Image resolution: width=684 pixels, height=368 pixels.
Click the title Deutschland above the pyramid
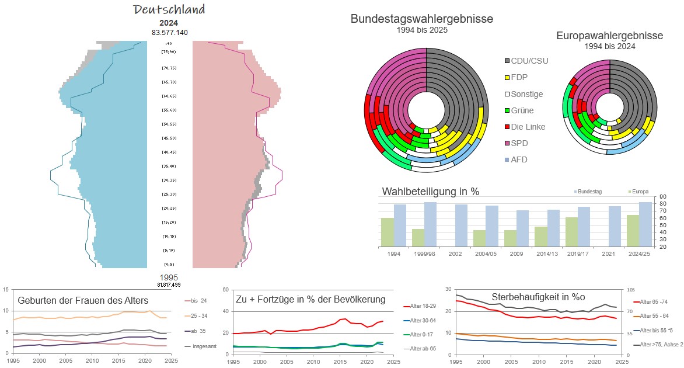(x=169, y=10)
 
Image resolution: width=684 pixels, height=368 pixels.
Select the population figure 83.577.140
(x=169, y=33)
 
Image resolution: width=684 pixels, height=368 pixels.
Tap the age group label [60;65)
(x=169, y=96)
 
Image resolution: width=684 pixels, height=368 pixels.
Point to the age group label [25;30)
(x=169, y=195)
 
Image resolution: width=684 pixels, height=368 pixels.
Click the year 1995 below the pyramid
(x=169, y=277)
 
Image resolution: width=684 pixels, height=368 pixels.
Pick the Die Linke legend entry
(x=530, y=127)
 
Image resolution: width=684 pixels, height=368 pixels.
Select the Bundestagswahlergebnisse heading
(x=421, y=19)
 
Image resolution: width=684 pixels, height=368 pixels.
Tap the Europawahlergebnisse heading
(x=609, y=36)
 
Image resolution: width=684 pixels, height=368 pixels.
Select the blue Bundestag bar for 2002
(x=462, y=225)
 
